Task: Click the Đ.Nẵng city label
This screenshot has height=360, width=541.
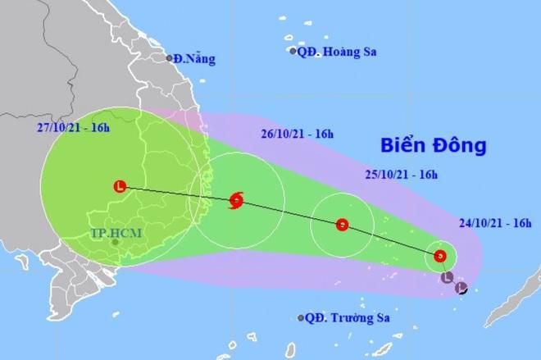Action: click(x=193, y=59)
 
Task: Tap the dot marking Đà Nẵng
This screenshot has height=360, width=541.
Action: click(x=167, y=58)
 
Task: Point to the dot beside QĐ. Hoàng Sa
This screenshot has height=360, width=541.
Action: click(x=293, y=51)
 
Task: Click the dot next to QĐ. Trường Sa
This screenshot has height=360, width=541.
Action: click(x=302, y=317)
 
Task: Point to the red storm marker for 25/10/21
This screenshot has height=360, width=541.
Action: click(x=342, y=224)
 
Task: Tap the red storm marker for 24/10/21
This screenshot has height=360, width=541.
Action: click(x=441, y=256)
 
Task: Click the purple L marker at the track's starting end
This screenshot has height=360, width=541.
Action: click(x=461, y=288)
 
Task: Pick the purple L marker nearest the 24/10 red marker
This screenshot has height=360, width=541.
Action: click(x=447, y=278)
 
